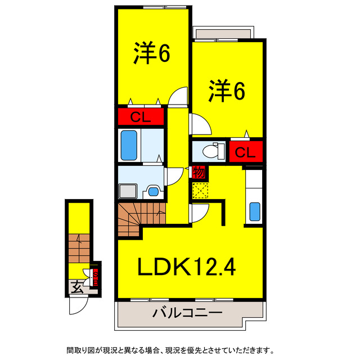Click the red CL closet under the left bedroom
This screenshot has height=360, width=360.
pos(140,117)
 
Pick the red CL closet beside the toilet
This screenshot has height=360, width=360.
pos(246,151)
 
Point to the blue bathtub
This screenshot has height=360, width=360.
pos(129,146)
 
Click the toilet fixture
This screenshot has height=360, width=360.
pos(210,151)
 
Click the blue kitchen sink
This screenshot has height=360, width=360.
pos(254,213)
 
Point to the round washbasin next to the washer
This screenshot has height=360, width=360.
pos(152,191)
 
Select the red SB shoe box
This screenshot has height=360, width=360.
pos(96,275)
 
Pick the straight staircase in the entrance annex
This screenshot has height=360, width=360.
pos(78,247)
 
